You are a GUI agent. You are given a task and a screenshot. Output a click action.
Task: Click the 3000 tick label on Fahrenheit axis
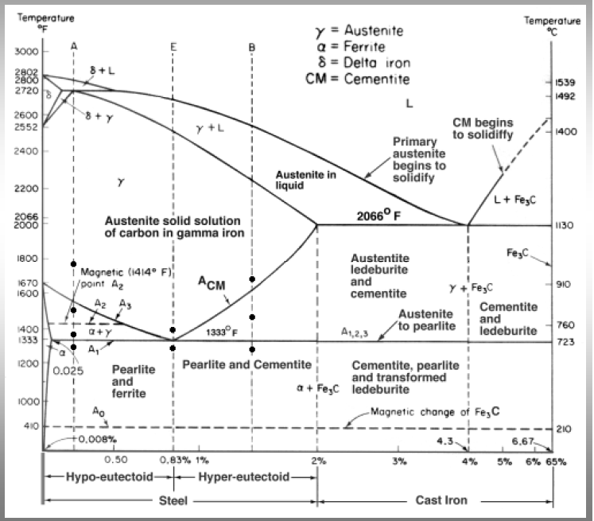[x=26, y=52]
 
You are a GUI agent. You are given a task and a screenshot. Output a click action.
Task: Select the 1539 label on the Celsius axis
[x=565, y=82]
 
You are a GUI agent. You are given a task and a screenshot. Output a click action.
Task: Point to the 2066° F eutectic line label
[x=379, y=216]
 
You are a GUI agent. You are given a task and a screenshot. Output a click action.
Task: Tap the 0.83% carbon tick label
[x=175, y=460]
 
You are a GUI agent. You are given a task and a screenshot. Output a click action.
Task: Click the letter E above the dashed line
[x=173, y=47]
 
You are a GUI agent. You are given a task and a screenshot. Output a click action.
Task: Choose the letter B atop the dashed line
[x=252, y=48]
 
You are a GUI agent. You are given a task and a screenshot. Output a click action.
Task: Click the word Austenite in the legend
[x=374, y=30]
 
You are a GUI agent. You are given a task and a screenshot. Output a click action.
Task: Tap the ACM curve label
[x=212, y=283]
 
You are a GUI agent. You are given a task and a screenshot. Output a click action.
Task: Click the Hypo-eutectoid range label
[x=110, y=476]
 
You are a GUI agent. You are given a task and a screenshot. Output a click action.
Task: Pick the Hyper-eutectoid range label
[x=243, y=476]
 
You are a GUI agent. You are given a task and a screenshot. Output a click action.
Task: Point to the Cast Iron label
[x=441, y=500]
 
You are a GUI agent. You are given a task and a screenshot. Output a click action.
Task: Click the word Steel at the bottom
[x=173, y=500]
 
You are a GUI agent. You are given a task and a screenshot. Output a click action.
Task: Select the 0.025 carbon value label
[x=68, y=371]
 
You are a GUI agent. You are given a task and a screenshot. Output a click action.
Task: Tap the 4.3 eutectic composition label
[x=445, y=441]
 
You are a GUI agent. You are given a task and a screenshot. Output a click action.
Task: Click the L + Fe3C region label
[x=514, y=200]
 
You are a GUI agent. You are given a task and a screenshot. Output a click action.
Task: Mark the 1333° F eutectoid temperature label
[x=222, y=332]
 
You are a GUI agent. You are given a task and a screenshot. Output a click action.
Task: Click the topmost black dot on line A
[x=73, y=264]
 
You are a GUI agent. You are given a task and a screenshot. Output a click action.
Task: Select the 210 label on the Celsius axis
[x=563, y=429]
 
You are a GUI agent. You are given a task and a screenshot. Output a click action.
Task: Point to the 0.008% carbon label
[x=98, y=439]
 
